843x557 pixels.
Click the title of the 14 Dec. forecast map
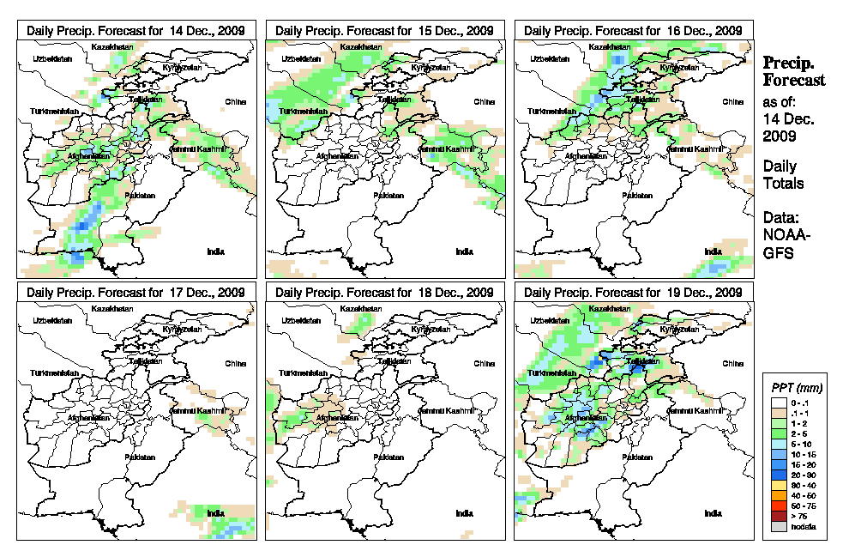(135, 30)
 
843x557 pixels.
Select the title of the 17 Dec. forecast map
(135, 293)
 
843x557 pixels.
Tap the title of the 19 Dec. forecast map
(633, 293)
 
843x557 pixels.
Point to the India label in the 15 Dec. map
(464, 251)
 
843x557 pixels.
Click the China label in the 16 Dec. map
(732, 101)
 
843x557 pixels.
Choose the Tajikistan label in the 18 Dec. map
(394, 361)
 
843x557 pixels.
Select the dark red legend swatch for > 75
(778, 516)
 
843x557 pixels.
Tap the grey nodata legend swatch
(778, 526)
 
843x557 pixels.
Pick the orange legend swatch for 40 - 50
(778, 496)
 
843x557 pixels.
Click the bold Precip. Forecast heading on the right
(793, 71)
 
